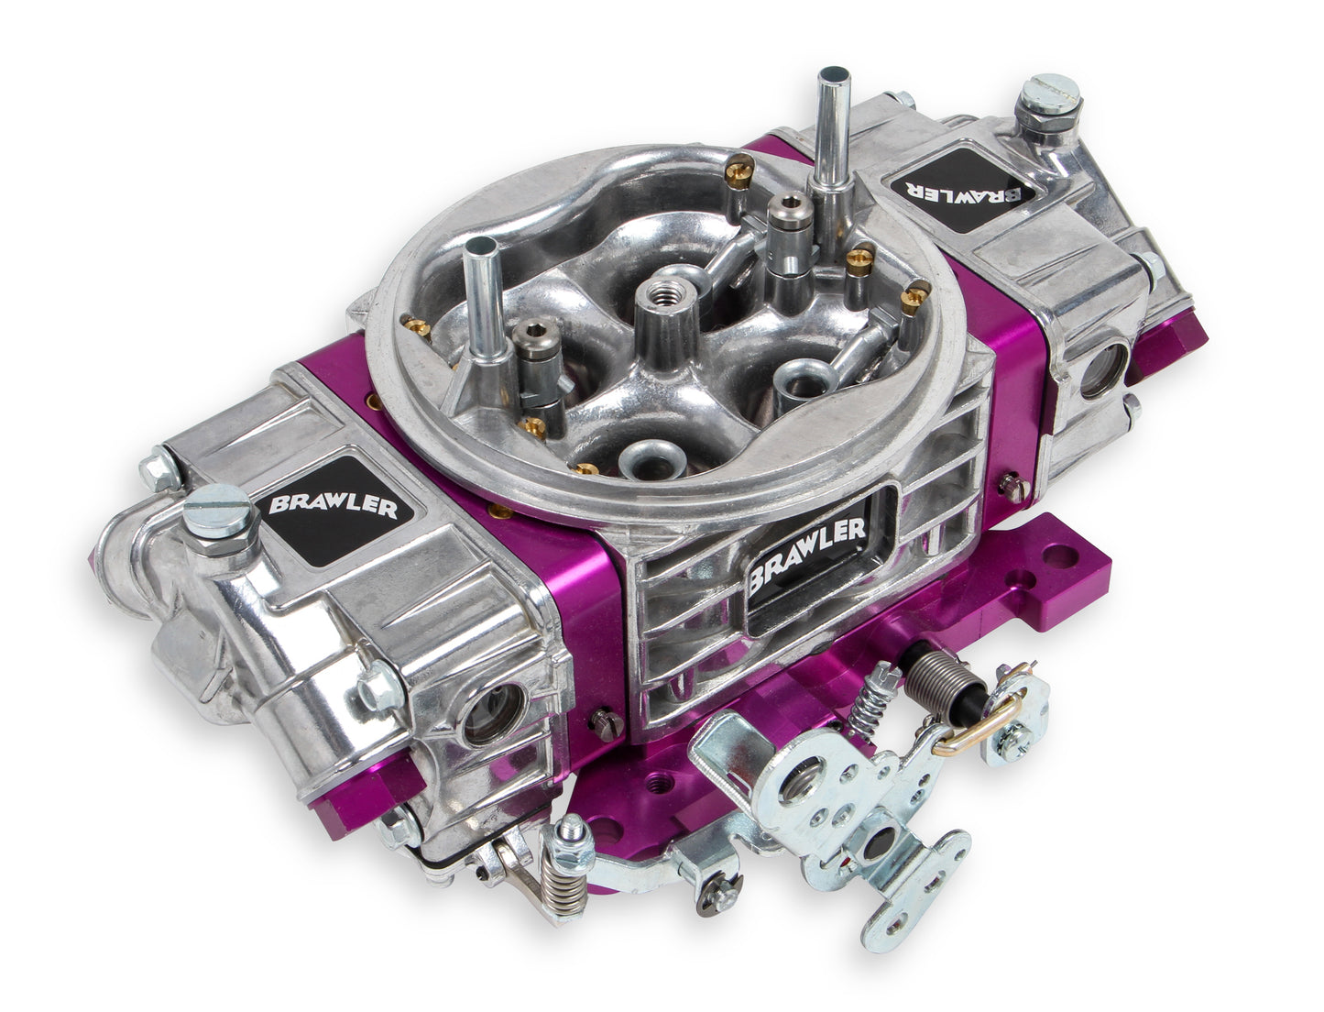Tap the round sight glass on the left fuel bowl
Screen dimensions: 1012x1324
click(481, 714)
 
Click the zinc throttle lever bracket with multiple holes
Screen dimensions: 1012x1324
click(825, 788)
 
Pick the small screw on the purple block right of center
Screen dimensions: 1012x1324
click(1011, 480)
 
